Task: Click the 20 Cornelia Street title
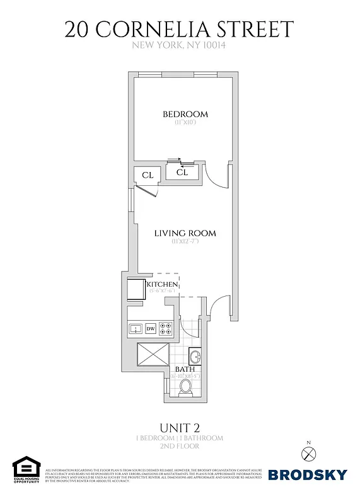(180, 29)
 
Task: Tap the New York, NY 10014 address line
(179, 45)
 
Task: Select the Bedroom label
(185, 114)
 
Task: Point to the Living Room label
(185, 233)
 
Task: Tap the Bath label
(185, 369)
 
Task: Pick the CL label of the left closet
(148, 175)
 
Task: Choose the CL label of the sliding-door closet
(182, 172)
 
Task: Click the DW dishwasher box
(151, 328)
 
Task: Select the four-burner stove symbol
(166, 328)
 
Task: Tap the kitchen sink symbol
(135, 328)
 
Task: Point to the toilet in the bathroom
(186, 387)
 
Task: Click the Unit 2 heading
(180, 427)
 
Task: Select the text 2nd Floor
(180, 446)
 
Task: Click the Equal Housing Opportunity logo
(26, 470)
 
